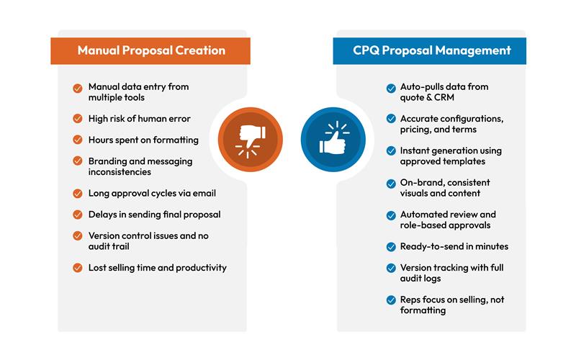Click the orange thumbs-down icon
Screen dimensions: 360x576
(246, 138)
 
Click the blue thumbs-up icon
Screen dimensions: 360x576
(333, 138)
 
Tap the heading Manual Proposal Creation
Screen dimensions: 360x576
(151, 50)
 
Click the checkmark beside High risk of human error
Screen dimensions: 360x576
(77, 119)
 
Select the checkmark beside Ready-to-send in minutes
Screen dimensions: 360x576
(390, 246)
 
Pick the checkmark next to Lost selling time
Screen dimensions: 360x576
(77, 268)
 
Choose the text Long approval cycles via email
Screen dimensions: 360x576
(152, 193)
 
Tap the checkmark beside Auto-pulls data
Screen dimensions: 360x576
(390, 87)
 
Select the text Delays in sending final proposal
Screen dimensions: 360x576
(154, 215)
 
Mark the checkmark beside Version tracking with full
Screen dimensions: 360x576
(390, 268)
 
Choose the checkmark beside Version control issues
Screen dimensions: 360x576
(77, 236)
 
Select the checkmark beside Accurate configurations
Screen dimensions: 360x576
(390, 119)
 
